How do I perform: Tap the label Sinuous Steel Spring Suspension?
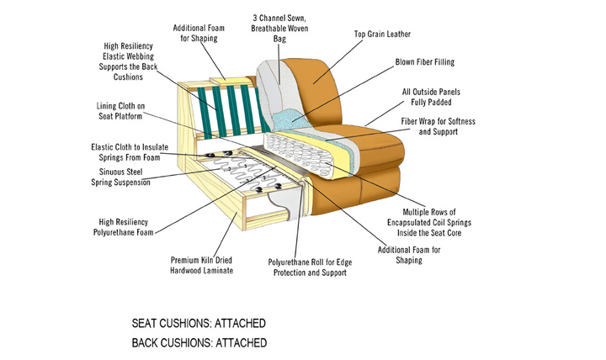tap(125, 177)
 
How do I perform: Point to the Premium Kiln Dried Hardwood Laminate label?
tap(202, 265)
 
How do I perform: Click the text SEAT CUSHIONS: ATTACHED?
tap(199, 323)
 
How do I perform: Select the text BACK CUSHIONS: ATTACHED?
tap(199, 343)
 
